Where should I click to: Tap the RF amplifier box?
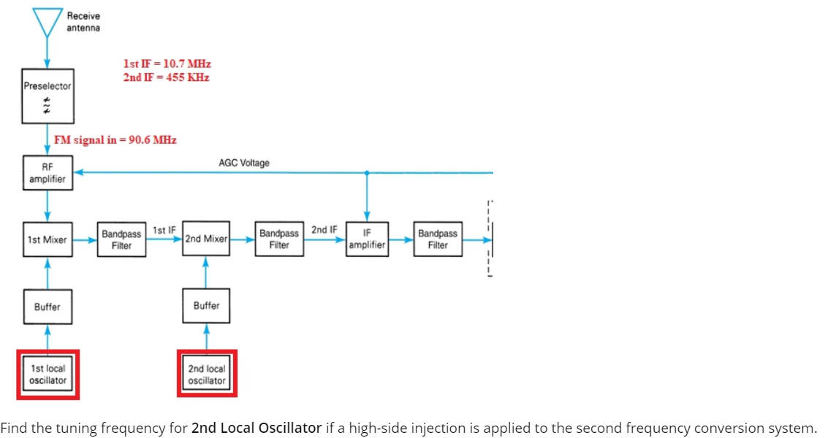[x=47, y=173]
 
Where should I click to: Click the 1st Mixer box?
[x=47, y=239]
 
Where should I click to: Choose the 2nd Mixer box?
[x=206, y=239]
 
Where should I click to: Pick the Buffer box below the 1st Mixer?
[x=47, y=307]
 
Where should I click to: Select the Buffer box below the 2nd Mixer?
[x=206, y=306]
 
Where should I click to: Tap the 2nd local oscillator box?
[x=207, y=374]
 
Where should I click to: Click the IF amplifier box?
[x=367, y=239]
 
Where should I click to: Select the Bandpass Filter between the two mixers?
[x=121, y=239]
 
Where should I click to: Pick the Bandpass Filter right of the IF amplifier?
[x=438, y=239]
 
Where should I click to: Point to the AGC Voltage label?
[x=244, y=163]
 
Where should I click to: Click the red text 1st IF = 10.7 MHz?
[x=167, y=64]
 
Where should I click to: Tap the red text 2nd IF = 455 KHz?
[x=167, y=77]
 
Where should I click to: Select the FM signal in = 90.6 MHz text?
[x=115, y=139]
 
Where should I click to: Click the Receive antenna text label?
[x=83, y=22]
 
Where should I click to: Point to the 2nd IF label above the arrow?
[x=324, y=229]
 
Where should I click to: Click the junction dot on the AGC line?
[x=367, y=173]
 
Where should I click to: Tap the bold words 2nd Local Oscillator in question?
[x=256, y=428]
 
